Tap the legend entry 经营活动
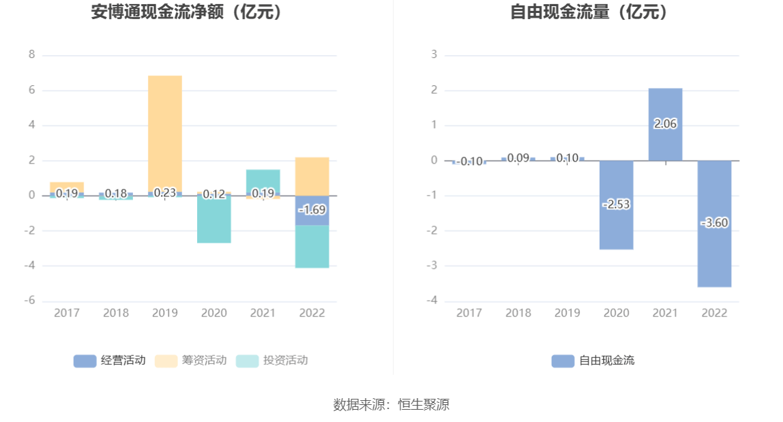click(x=109, y=361)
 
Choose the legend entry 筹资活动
click(x=190, y=361)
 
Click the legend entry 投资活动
click(x=271, y=361)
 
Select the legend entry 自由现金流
click(x=593, y=361)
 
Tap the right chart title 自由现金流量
click(x=589, y=12)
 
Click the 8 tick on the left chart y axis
click(x=31, y=55)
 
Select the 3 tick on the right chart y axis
click(x=434, y=55)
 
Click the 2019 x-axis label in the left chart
click(x=165, y=313)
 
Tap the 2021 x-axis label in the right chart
click(x=665, y=313)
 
